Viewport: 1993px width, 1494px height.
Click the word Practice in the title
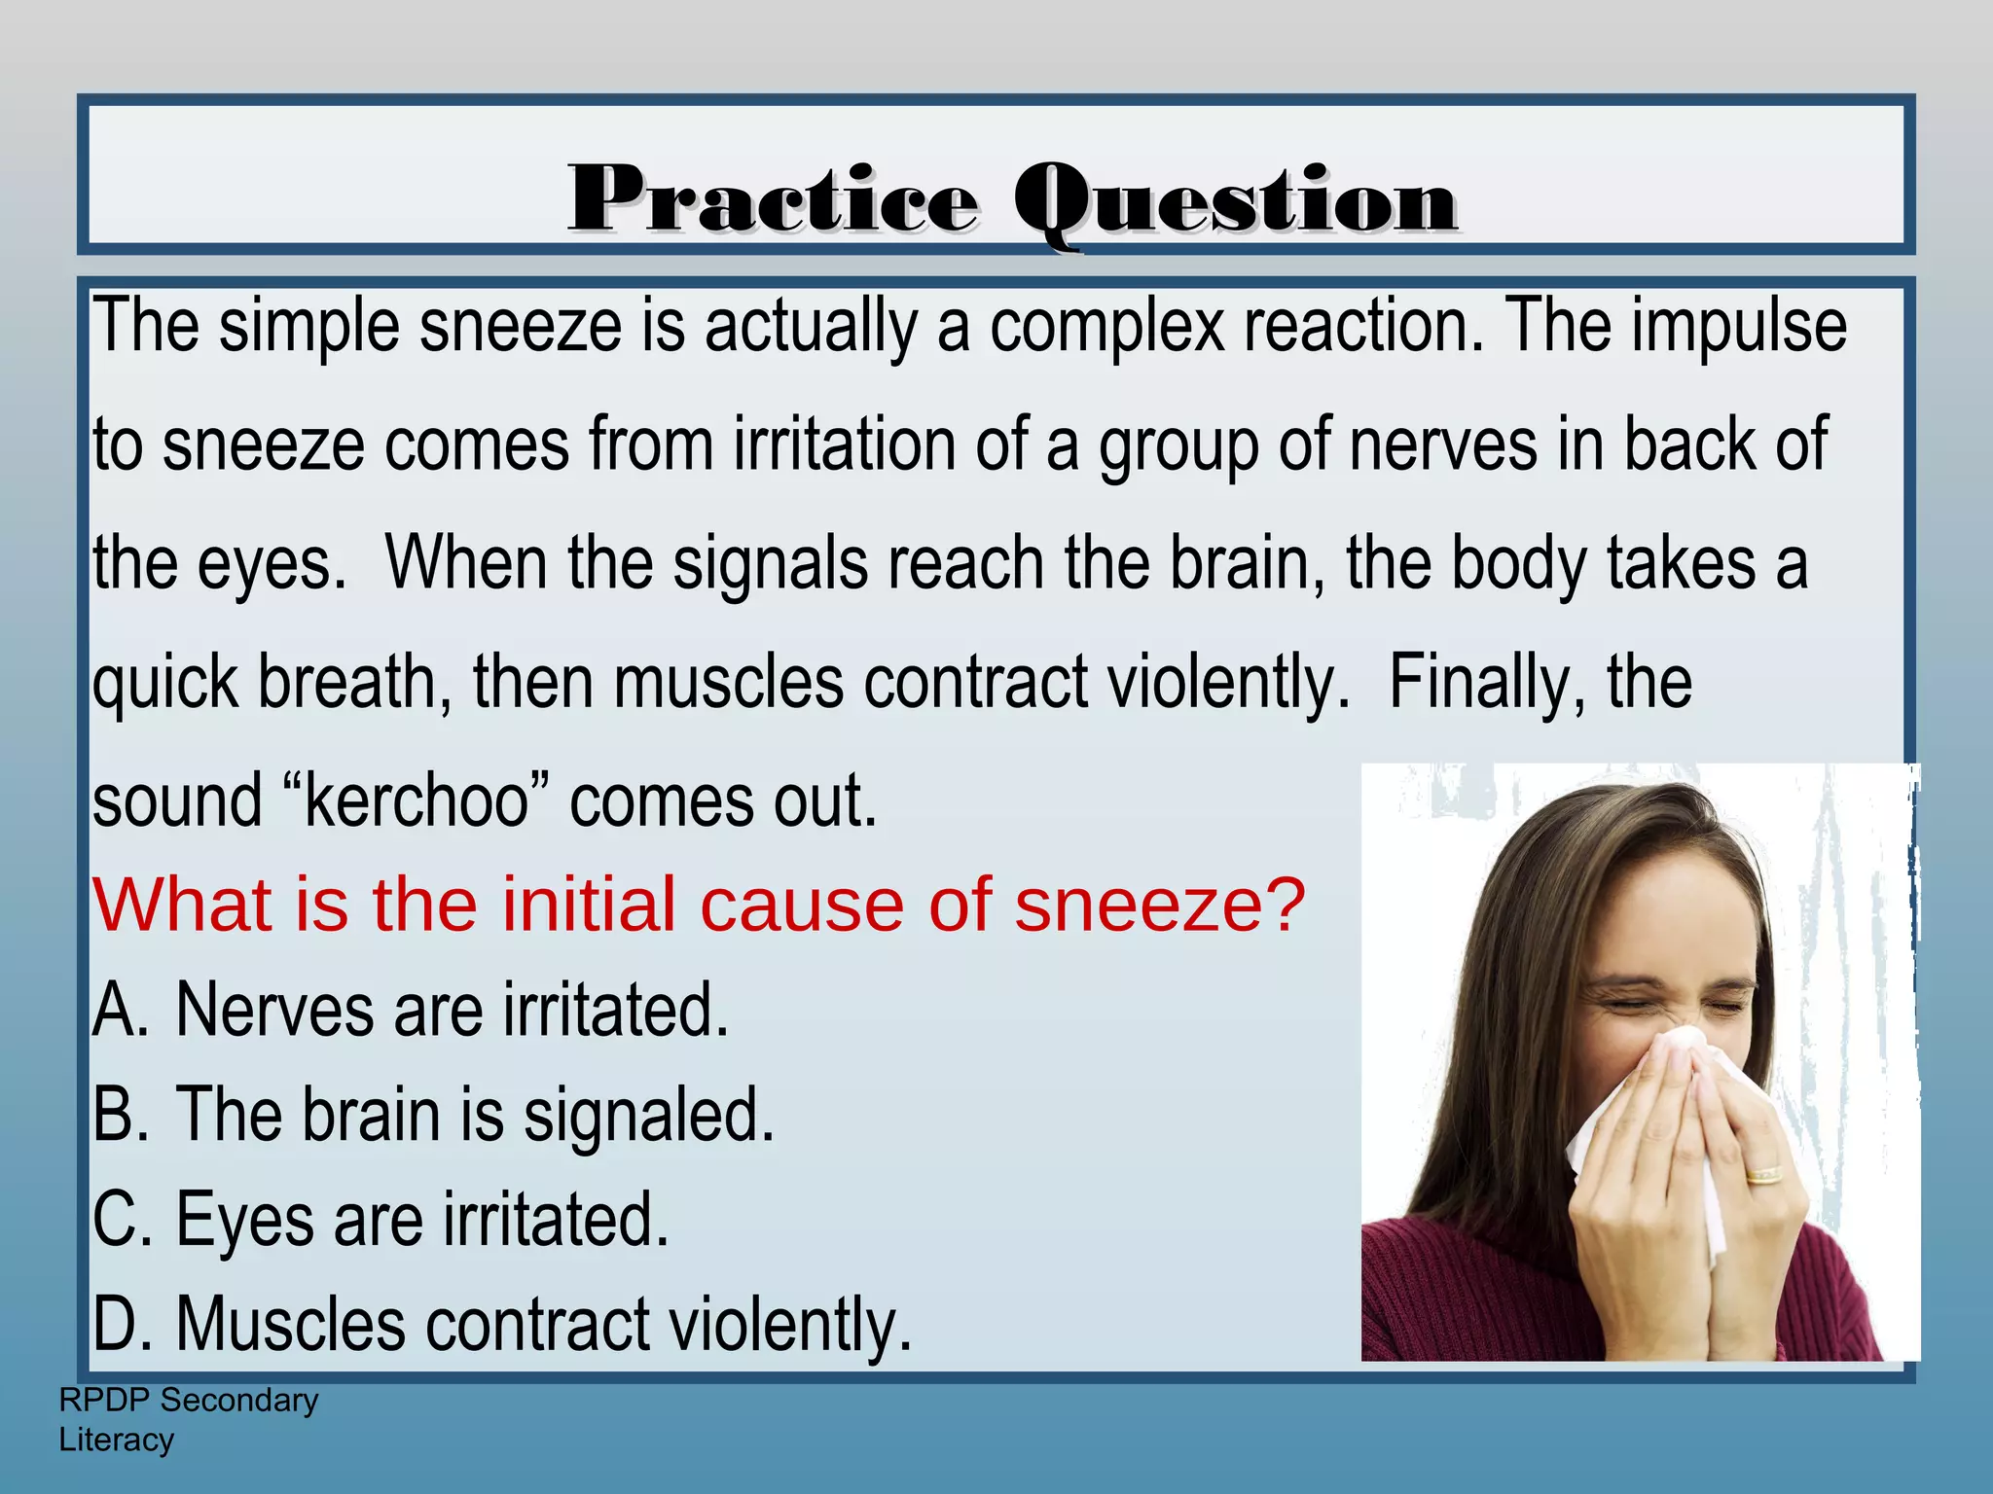pyautogui.click(x=774, y=199)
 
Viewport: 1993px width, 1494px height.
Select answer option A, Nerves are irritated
pyautogui.click(x=411, y=1010)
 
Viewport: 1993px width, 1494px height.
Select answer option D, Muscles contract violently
pyautogui.click(x=502, y=1324)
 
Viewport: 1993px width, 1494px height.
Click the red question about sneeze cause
pyautogui.click(x=698, y=905)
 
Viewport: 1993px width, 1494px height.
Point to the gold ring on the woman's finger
pyautogui.click(x=1762, y=1175)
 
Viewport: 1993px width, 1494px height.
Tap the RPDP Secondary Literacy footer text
pyautogui.click(x=188, y=1419)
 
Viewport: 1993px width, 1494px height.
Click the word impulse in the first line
pyautogui.click(x=1739, y=326)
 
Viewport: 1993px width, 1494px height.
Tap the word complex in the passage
pyautogui.click(x=1106, y=328)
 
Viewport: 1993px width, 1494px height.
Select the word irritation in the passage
pyautogui.click(x=845, y=445)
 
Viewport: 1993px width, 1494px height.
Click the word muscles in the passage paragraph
pyautogui.click(x=728, y=683)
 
